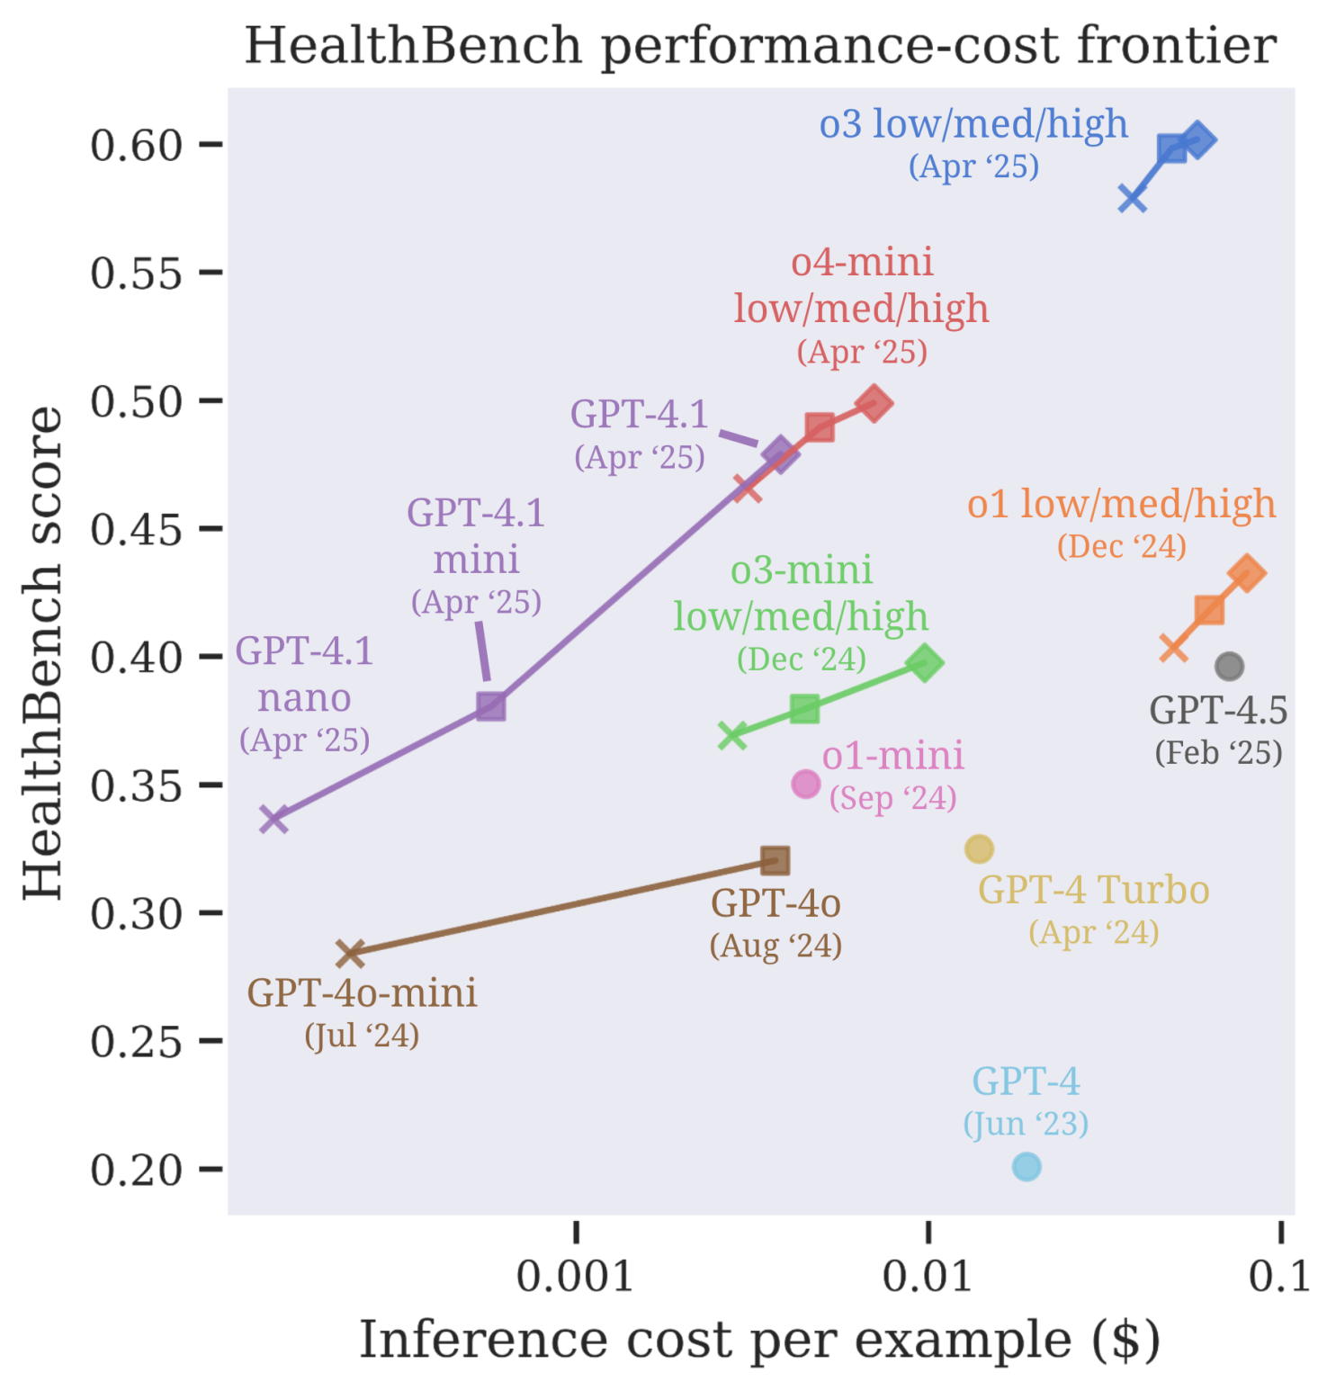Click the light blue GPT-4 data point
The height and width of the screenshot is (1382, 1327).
(x=1027, y=1166)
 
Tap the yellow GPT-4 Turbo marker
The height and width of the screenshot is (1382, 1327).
(x=979, y=848)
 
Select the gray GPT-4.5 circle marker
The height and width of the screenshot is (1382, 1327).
(x=1229, y=667)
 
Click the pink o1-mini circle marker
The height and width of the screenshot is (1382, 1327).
(x=806, y=784)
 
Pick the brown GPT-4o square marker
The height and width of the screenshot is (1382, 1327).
(x=775, y=861)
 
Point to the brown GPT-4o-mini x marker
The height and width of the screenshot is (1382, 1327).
(x=350, y=953)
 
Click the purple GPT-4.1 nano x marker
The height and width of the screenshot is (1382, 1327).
(x=273, y=820)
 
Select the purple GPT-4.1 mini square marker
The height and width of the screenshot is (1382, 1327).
(x=490, y=706)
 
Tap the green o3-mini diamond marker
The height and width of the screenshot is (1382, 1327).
(x=924, y=664)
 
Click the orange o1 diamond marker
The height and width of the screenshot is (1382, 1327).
(x=1246, y=573)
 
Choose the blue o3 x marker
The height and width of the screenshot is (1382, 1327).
(x=1132, y=199)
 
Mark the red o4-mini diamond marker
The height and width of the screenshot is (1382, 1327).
(x=874, y=403)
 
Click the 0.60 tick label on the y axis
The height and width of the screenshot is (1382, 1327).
(x=136, y=145)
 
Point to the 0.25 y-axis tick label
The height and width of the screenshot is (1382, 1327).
(x=136, y=1042)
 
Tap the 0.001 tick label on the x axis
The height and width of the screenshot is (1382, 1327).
(x=575, y=1276)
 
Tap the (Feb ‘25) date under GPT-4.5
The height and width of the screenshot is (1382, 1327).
(x=1218, y=752)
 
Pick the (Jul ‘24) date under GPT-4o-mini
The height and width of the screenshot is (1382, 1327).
(x=362, y=1036)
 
